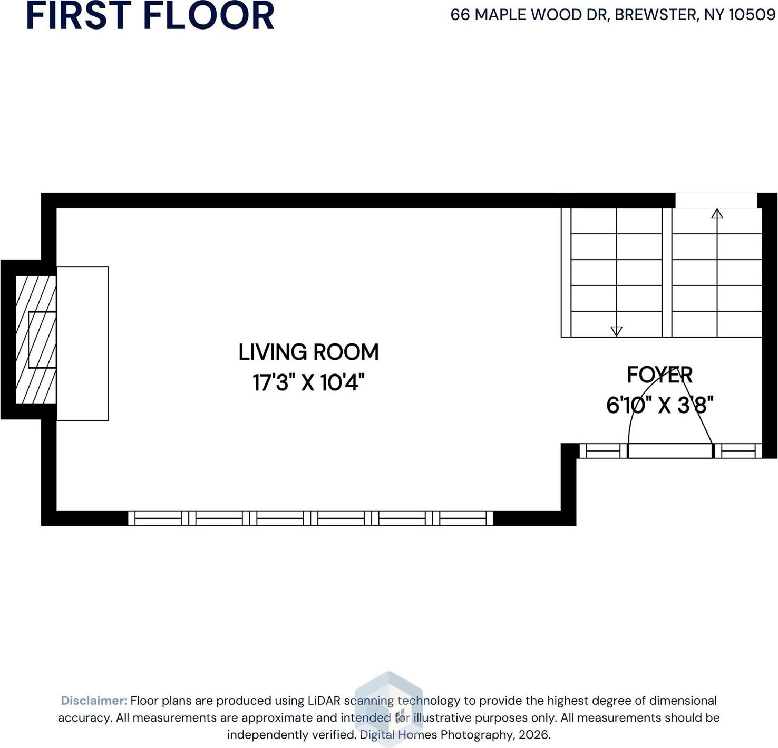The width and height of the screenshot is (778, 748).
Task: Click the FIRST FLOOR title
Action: pos(150,15)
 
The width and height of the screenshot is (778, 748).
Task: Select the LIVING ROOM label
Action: pos(308,352)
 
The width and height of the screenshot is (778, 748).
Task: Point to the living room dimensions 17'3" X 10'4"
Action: pos(309,382)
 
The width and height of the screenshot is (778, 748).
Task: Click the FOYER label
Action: pos(659,375)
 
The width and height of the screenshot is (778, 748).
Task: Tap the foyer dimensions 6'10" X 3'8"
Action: pos(660,405)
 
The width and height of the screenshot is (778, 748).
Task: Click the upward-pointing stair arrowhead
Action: pos(717,214)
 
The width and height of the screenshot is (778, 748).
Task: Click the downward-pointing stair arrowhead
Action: pos(617,331)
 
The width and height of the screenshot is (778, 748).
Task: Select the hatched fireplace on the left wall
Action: pos(36,340)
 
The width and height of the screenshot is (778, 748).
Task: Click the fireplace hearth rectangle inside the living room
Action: pos(83,343)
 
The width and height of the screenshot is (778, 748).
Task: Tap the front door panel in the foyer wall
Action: pos(670,451)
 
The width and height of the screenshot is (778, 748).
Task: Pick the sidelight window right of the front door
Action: pos(738,451)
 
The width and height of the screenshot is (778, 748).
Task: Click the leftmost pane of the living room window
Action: pos(158,519)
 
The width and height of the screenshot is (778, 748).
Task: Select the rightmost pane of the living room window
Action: pos(463,519)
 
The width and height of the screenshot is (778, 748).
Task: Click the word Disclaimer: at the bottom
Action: pos(94,701)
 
